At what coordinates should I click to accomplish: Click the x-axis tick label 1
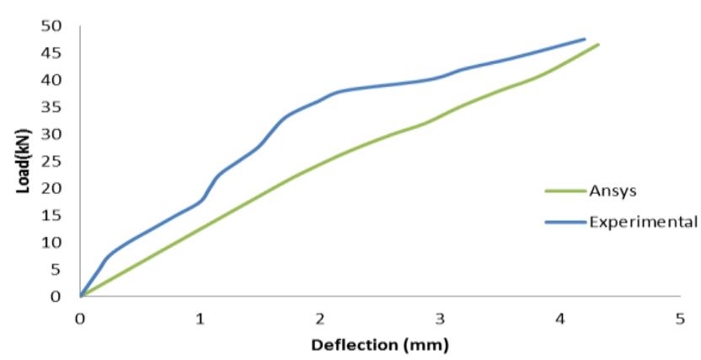coord(201,319)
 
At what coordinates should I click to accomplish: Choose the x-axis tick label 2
coord(320,319)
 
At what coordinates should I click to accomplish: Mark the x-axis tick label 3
coord(440,319)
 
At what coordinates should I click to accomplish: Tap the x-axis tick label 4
coord(560,319)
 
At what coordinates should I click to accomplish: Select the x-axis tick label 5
coord(680,319)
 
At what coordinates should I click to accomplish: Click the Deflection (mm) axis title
coord(380,345)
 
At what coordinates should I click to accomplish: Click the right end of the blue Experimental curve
coord(585,39)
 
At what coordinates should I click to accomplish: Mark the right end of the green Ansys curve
coord(598,44)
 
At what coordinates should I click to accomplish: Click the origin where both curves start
coord(81,296)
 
